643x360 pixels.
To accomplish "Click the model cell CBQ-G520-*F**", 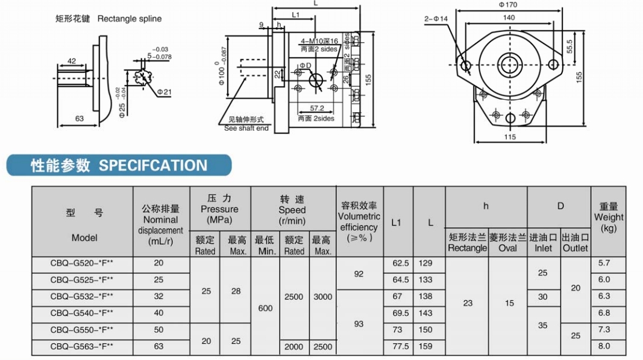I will point(82,264).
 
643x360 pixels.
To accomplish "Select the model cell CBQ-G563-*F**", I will point(82,347).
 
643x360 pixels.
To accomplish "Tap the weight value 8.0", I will point(604,346).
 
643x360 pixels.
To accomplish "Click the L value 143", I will point(425,313).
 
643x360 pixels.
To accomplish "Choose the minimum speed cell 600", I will point(265,308).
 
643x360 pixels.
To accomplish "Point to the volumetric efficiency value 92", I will point(359,274).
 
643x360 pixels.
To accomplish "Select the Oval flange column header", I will point(507,242).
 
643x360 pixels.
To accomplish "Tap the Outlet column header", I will point(575,242).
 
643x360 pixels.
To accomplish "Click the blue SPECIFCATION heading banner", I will point(119,165).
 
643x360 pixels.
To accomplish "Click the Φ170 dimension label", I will point(508,5).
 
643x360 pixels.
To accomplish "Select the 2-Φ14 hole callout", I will point(436,19).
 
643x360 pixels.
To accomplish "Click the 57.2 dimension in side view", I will point(318,109).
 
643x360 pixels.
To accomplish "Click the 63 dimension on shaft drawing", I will point(79,118).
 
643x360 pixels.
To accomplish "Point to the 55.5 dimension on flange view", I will point(568,46).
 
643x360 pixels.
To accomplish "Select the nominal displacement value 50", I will point(158,330).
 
